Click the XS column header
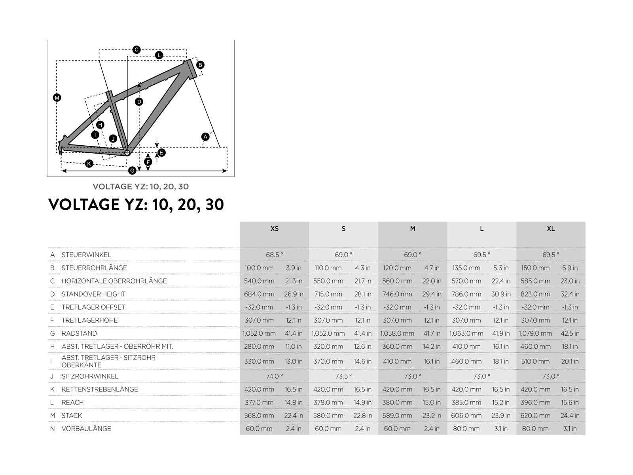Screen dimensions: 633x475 [274, 229]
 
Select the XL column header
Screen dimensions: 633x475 [551, 229]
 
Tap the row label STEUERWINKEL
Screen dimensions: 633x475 [86, 255]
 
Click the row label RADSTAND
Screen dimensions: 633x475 [79, 333]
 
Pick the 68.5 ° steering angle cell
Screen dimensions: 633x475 [274, 255]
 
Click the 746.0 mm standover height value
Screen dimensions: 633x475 [397, 294]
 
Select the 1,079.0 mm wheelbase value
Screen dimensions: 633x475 [535, 333]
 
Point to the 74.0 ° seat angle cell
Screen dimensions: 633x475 [274, 376]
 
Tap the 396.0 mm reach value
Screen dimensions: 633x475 [535, 402]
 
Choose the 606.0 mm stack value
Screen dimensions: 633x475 [466, 416]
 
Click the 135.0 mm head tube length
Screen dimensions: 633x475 [466, 268]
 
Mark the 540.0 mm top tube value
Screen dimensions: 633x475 [259, 281]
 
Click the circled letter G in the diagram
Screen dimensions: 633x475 [132, 171]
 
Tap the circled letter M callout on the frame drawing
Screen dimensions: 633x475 [57, 98]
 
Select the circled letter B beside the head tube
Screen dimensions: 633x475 [200, 65]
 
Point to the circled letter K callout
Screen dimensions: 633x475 [89, 164]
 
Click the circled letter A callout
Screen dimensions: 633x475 [205, 137]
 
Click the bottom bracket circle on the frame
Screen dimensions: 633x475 [127, 152]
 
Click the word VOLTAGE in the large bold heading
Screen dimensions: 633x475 [83, 205]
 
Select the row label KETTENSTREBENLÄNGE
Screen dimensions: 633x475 [100, 389]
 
